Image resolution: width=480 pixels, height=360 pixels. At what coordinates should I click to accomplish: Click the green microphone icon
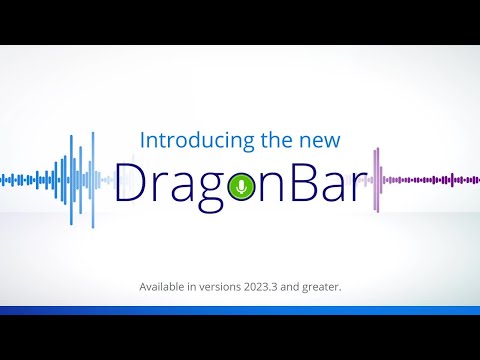tap(239, 186)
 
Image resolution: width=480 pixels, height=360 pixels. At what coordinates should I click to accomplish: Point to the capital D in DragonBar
tap(133, 183)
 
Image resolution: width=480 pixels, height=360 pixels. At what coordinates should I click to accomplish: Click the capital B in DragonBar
tap(293, 183)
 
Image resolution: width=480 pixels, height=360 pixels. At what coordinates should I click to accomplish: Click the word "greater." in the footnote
tap(319, 288)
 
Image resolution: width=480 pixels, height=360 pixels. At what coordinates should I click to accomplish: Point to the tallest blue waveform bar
tap(93, 180)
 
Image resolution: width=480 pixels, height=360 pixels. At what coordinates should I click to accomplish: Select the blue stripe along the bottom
tap(240, 310)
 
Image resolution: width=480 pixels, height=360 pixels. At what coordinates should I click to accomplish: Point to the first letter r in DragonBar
tap(160, 187)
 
